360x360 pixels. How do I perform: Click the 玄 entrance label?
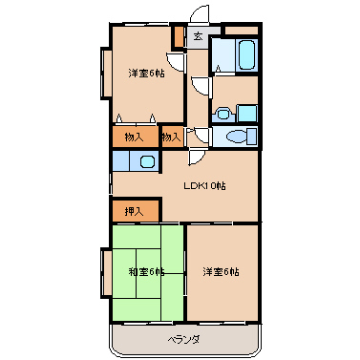coord(198,36)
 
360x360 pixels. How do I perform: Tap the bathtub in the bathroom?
coord(247,54)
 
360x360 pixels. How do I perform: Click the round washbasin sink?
coord(222,114)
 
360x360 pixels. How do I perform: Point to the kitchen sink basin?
coord(147,161)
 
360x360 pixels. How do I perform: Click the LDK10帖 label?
coord(204,185)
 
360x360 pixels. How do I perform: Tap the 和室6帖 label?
coord(146,272)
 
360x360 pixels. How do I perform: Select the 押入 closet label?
coord(134,211)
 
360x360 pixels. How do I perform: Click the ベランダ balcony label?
coord(184,339)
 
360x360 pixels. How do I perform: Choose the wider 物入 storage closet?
coord(136,138)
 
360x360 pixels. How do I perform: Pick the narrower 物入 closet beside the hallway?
coord(173,138)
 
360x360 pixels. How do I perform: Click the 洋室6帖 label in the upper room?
coord(146,74)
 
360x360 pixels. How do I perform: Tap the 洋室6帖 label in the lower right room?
coord(222,272)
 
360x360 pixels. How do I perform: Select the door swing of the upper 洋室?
coord(175,62)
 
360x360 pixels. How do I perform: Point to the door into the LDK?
coord(196,158)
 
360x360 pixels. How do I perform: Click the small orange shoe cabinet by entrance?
coord(179,37)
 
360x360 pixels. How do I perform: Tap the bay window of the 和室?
coord(106,273)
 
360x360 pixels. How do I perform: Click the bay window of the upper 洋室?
coord(106,73)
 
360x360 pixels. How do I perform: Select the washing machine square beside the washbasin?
coord(247,113)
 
